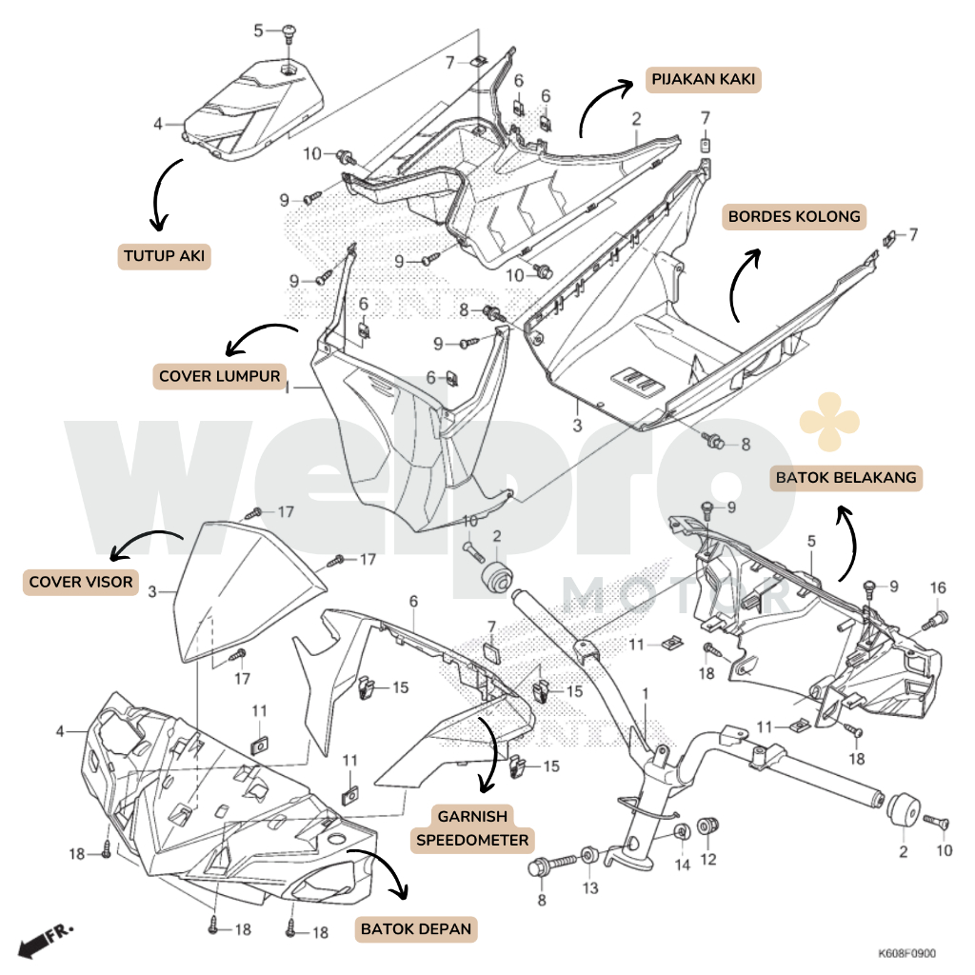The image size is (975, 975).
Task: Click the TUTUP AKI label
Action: (165, 256)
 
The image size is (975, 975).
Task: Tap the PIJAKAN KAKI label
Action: (704, 79)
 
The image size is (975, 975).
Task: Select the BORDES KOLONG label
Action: (793, 217)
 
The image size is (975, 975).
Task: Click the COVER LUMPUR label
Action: (220, 376)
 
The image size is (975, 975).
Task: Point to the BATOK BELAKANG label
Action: (846, 477)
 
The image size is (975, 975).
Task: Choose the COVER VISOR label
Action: (81, 582)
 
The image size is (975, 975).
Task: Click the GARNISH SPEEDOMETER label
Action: (472, 828)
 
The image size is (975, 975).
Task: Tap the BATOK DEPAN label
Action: (415, 928)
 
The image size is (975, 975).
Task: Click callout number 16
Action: (938, 587)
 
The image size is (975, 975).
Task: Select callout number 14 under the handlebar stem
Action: (682, 865)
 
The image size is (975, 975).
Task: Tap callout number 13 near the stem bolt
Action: (591, 887)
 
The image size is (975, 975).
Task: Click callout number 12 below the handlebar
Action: (707, 859)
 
